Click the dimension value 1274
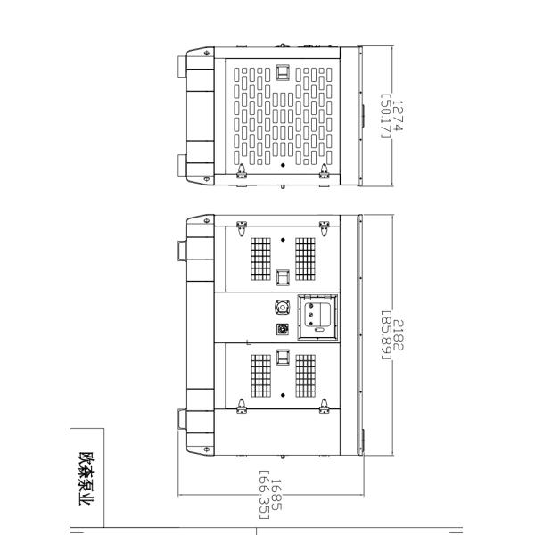coord(398,116)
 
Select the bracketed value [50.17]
coord(385,116)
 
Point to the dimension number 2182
coord(399,335)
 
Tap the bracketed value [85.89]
coord(386,335)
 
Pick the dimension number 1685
coord(276,495)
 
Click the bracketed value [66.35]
coord(265,495)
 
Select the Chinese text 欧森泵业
coord(86,479)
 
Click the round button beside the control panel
coord(283,307)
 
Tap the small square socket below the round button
coord(283,329)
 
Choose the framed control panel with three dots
coord(318,317)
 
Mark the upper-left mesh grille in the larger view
coord(260,259)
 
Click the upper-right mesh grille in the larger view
coord(305,259)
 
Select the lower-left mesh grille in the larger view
coord(260,375)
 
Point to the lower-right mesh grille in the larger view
coord(305,375)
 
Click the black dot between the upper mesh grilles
coord(283,240)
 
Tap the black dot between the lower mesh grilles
coord(283,395)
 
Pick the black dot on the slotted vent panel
coord(283,165)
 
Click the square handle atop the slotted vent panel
coord(283,72)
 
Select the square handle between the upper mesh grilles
coord(283,277)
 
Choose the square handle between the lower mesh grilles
coord(283,358)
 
